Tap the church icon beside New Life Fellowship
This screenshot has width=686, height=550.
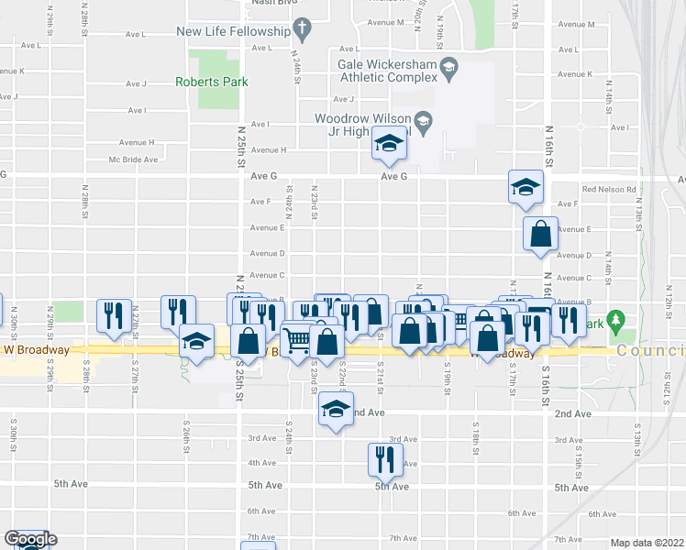coord(304,31)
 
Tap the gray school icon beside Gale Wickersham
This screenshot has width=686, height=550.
coord(448,66)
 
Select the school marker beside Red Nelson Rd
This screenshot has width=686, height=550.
coord(526,188)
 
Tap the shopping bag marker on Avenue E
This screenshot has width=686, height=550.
coord(540,233)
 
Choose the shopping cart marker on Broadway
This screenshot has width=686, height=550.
coord(297,342)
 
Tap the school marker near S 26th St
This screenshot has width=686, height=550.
coord(195,341)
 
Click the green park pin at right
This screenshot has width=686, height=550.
coord(617,322)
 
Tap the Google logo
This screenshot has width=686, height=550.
coord(30,539)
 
